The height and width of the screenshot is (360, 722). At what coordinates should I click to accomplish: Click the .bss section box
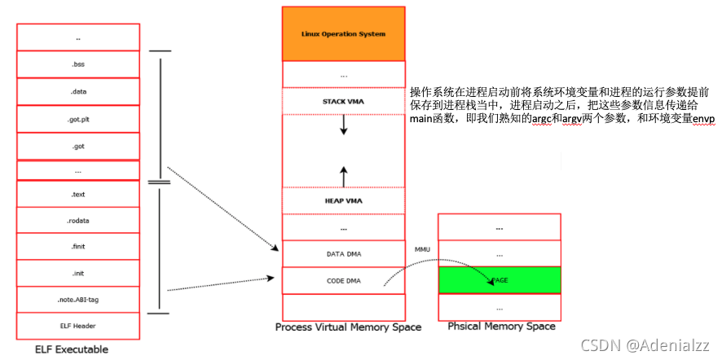pos(78,64)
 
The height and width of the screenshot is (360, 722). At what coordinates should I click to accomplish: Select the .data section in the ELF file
pos(78,92)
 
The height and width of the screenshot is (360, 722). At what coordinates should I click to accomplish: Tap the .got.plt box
pos(78,119)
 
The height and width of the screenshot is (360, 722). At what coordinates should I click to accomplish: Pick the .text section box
pos(78,195)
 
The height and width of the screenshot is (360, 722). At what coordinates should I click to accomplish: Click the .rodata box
pos(78,221)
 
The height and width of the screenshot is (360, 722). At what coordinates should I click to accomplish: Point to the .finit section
pos(78,247)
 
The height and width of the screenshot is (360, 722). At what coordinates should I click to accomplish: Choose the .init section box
pos(78,273)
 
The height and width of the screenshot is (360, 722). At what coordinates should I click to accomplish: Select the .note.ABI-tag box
pos(78,300)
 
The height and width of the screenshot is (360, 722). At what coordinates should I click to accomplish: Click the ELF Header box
pos(78,326)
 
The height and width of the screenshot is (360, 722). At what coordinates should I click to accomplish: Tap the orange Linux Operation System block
pos(343,34)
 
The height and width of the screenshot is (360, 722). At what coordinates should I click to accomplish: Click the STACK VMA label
pos(343,101)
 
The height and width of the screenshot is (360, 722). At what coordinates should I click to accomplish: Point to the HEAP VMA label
pos(343,200)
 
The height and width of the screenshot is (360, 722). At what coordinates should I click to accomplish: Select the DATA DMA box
pos(343,254)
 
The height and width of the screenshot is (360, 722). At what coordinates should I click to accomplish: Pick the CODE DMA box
pos(343,281)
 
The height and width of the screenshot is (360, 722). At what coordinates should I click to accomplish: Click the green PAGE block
pos(499,279)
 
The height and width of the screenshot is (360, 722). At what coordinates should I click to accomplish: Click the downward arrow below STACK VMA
pos(344,125)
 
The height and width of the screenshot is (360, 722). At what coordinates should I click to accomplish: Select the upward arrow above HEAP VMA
pos(344,175)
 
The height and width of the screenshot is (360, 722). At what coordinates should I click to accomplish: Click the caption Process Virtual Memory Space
pos(348,327)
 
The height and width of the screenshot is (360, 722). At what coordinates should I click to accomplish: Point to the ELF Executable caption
pos(72,349)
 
